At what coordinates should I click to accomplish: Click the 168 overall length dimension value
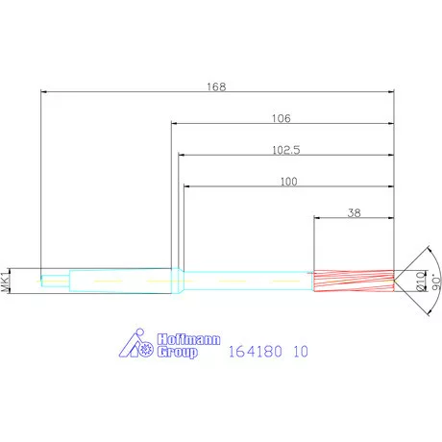click(x=216, y=86)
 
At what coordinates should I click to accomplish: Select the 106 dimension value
click(x=282, y=118)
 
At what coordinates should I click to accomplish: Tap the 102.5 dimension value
click(x=286, y=150)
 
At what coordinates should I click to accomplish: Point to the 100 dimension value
click(x=289, y=182)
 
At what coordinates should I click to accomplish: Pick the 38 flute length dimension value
click(x=354, y=213)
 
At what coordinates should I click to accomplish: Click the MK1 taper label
click(x=5, y=282)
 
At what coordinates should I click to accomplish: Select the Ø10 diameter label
click(x=421, y=282)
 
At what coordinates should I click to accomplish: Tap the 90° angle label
click(x=436, y=282)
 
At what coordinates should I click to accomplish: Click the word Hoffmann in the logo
click(x=188, y=339)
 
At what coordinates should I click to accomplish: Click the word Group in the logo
click(x=177, y=352)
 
